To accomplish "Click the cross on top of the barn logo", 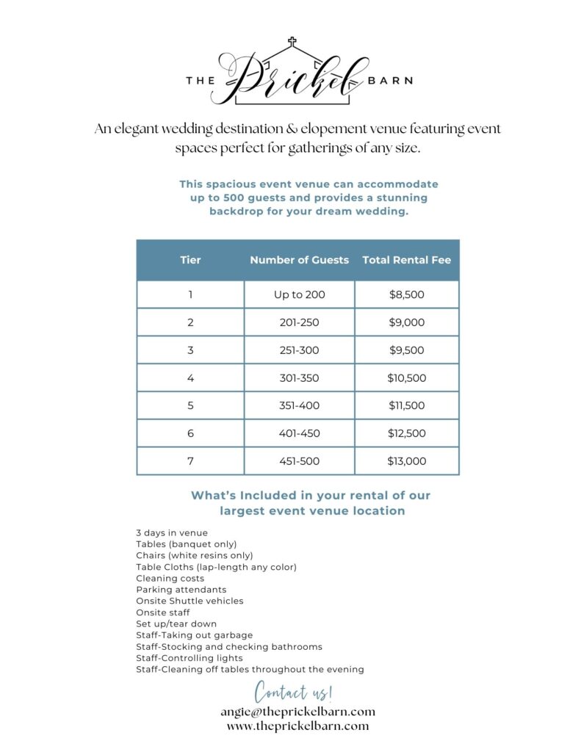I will click(292, 42).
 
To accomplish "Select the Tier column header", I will click(190, 260).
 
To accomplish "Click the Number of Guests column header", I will click(299, 260).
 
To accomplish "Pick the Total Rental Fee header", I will click(406, 260).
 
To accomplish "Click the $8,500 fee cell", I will click(406, 294).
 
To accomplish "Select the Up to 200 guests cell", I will click(299, 294).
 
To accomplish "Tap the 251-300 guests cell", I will click(299, 350).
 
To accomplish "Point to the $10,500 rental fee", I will click(406, 378).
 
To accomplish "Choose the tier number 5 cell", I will click(190, 405).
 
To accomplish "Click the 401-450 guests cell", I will click(299, 433).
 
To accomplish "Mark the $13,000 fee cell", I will click(406, 461).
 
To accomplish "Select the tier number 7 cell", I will click(190, 461).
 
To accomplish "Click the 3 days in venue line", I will click(172, 532).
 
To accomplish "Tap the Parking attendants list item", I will click(181, 590).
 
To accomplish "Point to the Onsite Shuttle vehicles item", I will click(190, 601).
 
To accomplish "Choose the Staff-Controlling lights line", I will click(189, 658).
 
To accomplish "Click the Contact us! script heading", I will click(294, 691).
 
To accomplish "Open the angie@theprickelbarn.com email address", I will click(297, 711).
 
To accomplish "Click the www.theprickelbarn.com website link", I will click(297, 726).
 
